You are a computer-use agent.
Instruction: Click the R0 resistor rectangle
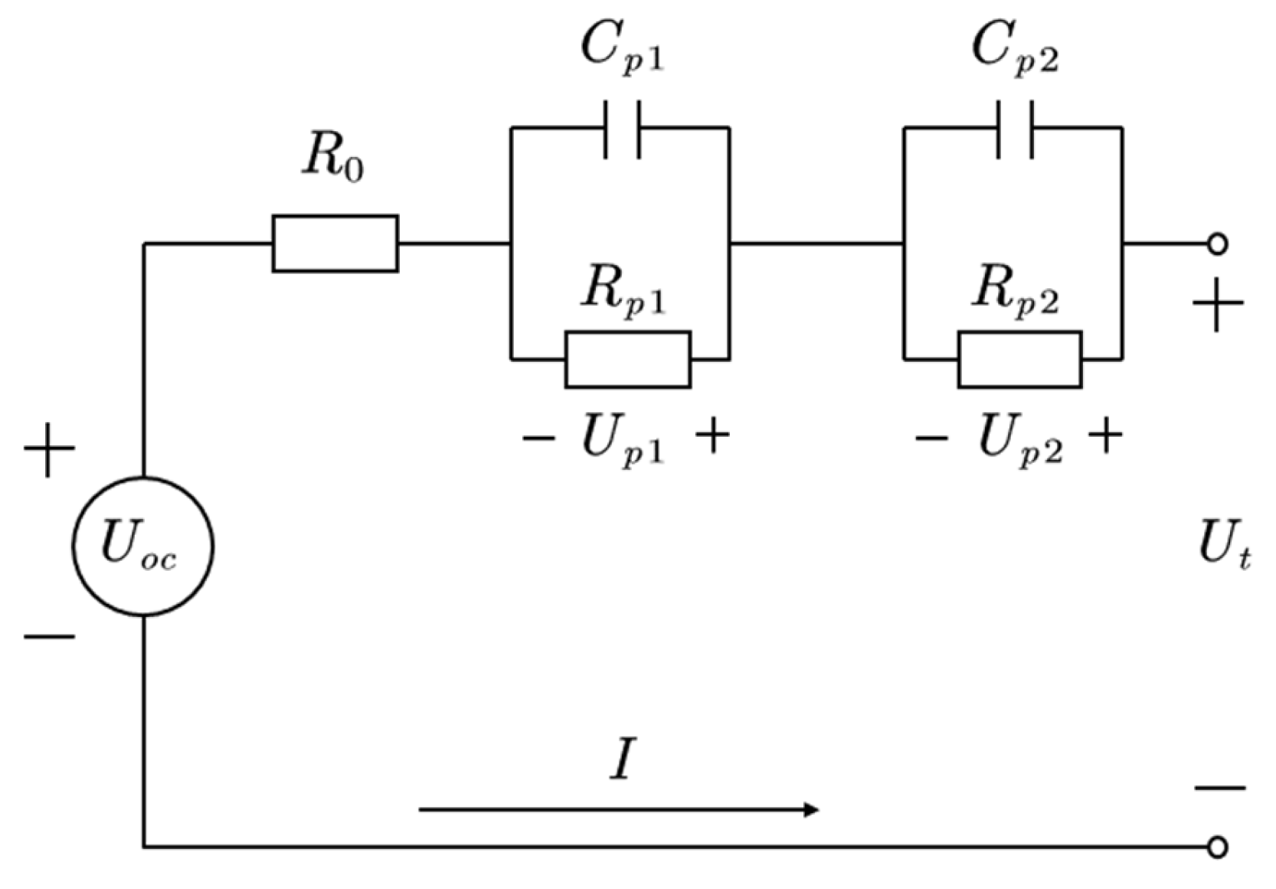(335, 244)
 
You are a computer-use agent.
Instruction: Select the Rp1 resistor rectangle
(627, 359)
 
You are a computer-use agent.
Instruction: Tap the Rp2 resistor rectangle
(1019, 359)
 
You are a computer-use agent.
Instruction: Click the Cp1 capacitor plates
(623, 129)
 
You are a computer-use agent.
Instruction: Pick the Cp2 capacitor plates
(1015, 129)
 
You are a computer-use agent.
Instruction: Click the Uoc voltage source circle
(143, 546)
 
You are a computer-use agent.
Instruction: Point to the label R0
(332, 159)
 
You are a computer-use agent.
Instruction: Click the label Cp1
(621, 48)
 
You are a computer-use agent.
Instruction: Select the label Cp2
(1014, 48)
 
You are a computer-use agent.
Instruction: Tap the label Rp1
(622, 291)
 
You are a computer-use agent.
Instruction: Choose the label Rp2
(1015, 291)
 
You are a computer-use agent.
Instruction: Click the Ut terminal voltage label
(1222, 546)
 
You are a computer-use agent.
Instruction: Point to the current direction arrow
(619, 809)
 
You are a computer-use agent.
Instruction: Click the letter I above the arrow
(623, 761)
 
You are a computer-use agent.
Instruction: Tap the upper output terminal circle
(1217, 244)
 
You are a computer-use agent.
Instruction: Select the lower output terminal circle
(1217, 847)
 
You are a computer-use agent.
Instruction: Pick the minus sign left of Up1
(538, 439)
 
